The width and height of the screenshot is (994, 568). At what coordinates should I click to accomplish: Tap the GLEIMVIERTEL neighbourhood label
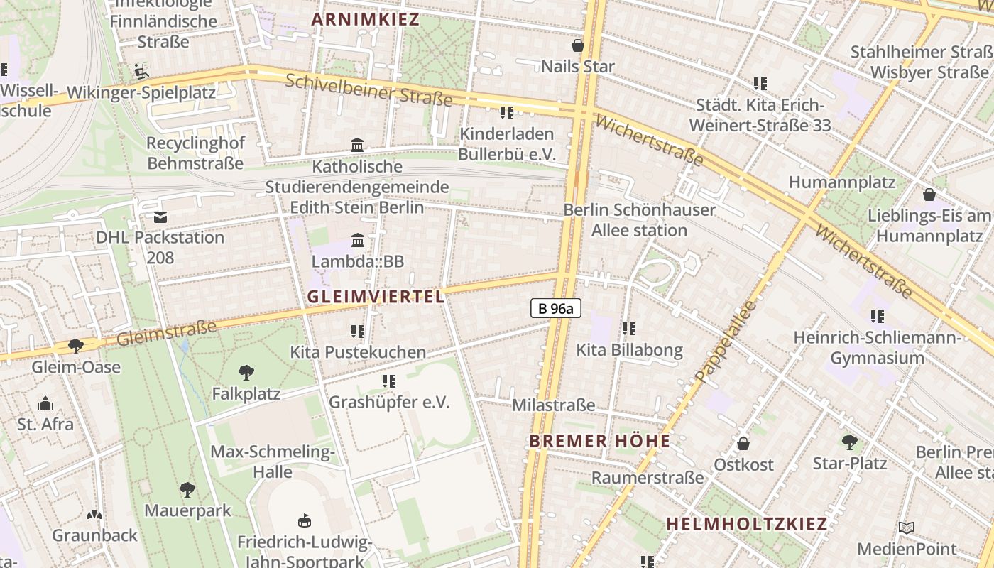pyautogui.click(x=376, y=297)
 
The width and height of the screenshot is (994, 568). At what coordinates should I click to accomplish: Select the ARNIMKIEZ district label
pyautogui.click(x=366, y=19)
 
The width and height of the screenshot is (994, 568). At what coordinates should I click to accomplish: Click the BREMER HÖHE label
pyautogui.click(x=600, y=441)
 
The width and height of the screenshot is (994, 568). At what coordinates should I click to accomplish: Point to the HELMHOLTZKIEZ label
pyautogui.click(x=747, y=524)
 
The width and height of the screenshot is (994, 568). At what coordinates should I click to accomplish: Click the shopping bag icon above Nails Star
pyautogui.click(x=578, y=46)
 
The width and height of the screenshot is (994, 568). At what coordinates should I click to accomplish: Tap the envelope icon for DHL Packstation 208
pyautogui.click(x=160, y=217)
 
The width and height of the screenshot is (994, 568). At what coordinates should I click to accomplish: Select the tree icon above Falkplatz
pyautogui.click(x=246, y=372)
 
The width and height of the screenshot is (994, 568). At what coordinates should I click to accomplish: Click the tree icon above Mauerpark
pyautogui.click(x=187, y=489)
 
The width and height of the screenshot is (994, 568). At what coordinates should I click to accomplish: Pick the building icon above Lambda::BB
pyautogui.click(x=357, y=240)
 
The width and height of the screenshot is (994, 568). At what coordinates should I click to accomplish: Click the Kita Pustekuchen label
pyautogui.click(x=358, y=351)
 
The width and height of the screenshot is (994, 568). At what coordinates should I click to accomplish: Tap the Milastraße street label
pyautogui.click(x=554, y=405)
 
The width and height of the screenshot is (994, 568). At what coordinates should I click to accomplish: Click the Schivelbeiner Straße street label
pyautogui.click(x=368, y=89)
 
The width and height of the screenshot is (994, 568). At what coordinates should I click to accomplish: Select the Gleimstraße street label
pyautogui.click(x=166, y=332)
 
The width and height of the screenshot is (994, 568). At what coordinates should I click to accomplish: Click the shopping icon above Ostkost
pyautogui.click(x=743, y=444)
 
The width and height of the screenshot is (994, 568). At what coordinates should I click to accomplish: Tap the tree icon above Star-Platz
pyautogui.click(x=849, y=442)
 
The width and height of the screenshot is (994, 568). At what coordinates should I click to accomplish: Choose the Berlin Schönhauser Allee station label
pyautogui.click(x=639, y=219)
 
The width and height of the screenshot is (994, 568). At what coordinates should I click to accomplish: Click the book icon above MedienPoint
pyautogui.click(x=906, y=528)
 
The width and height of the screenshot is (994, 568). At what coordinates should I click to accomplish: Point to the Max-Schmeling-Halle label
pyautogui.click(x=273, y=461)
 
